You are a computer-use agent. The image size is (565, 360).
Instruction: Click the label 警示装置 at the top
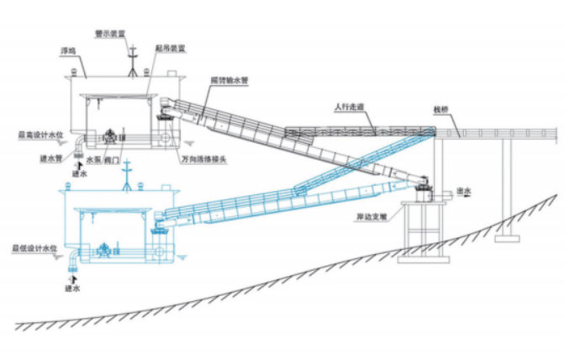click(111, 34)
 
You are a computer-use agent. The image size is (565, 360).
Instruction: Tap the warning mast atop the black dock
click(132, 57)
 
